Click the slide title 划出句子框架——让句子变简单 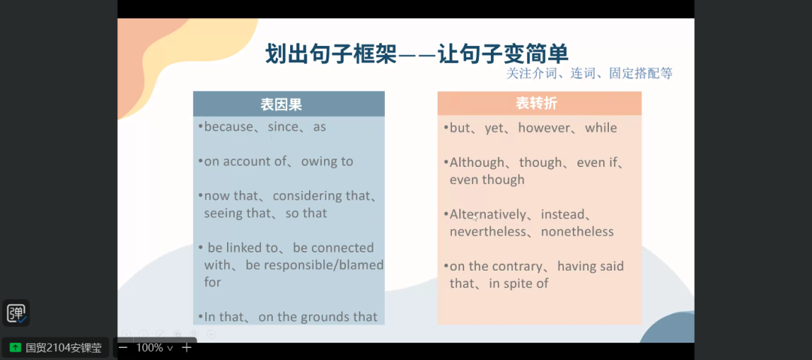coord(417,54)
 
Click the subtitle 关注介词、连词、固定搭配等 coord(589,74)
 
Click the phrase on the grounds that coord(318,317)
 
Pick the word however coord(544,128)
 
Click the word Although coord(477,162)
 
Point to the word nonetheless coord(577,231)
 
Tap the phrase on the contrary coord(495,266)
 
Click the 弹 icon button coord(16,313)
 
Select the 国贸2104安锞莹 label coord(64,347)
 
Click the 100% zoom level coord(150,347)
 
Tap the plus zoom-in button coord(186,347)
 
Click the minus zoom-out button coord(123,347)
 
